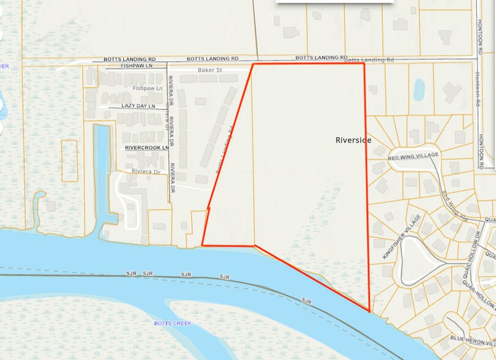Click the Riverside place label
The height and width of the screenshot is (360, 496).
click(353, 140)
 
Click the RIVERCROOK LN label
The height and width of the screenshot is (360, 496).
click(146, 148)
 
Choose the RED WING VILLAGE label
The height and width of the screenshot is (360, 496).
click(413, 157)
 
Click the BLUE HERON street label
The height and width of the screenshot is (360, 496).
click(472, 338)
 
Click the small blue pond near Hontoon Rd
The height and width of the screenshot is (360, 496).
click(419, 89)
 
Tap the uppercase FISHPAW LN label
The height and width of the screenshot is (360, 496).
click(136, 65)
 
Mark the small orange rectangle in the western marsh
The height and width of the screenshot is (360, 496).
click(70, 160)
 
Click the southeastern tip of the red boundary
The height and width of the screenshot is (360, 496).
click(370, 311)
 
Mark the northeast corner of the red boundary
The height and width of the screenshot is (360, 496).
click(364, 64)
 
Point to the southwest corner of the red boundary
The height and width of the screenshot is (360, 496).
click(202, 246)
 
